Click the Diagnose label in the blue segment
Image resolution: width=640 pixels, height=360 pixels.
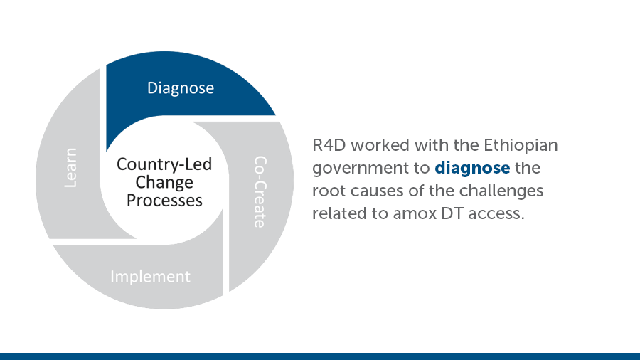pos(181,88)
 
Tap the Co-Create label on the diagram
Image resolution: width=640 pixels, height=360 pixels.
pos(260,191)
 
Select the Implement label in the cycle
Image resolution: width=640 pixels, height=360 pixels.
pos(150,277)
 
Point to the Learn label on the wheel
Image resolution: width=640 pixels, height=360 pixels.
pos(70,168)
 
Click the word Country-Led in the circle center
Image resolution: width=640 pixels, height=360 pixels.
pos(164,164)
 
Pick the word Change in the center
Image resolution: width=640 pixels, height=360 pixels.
pos(164,182)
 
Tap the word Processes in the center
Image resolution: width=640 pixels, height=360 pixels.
pos(164,201)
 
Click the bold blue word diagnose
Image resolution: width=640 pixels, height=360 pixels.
pos(472,168)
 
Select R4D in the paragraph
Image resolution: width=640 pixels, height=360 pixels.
pos(329,145)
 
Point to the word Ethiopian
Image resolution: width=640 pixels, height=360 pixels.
pos(521,145)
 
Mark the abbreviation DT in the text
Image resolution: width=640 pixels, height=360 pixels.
pos(452,213)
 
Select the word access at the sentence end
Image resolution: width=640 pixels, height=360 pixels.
pos(496,214)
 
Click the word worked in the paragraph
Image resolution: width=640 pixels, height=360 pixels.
pos(380,145)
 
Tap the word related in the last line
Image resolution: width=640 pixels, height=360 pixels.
pos(340,213)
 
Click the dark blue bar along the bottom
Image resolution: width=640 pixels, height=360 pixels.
pos(320,356)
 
